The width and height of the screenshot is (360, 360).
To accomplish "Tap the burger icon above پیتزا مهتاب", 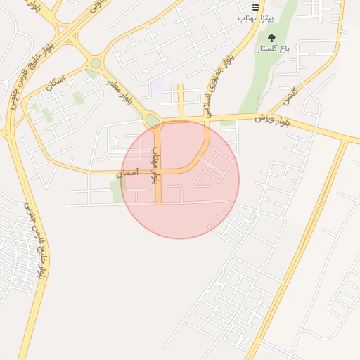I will [255, 5].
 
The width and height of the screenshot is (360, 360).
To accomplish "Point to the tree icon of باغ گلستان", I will [271, 37].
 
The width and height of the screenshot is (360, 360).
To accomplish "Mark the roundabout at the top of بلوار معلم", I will [95, 64].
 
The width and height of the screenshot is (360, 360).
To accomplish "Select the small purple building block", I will [157, 85].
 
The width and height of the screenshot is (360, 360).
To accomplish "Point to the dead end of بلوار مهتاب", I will [158, 202].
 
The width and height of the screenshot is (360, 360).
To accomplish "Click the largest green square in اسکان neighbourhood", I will [78, 98].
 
